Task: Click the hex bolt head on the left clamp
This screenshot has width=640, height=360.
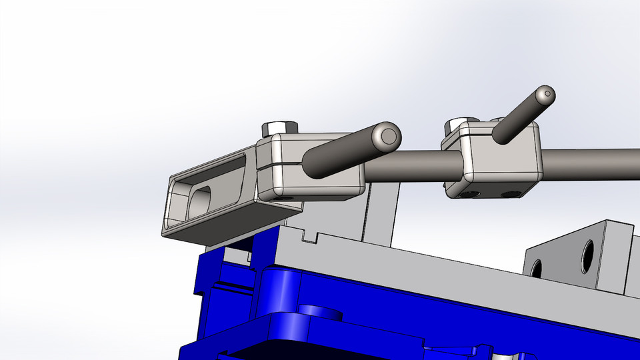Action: coord(279,127)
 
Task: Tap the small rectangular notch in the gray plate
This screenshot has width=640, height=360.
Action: coord(308,235)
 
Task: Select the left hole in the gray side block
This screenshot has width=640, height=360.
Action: coord(535,269)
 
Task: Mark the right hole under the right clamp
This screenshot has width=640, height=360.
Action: coord(509,195)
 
